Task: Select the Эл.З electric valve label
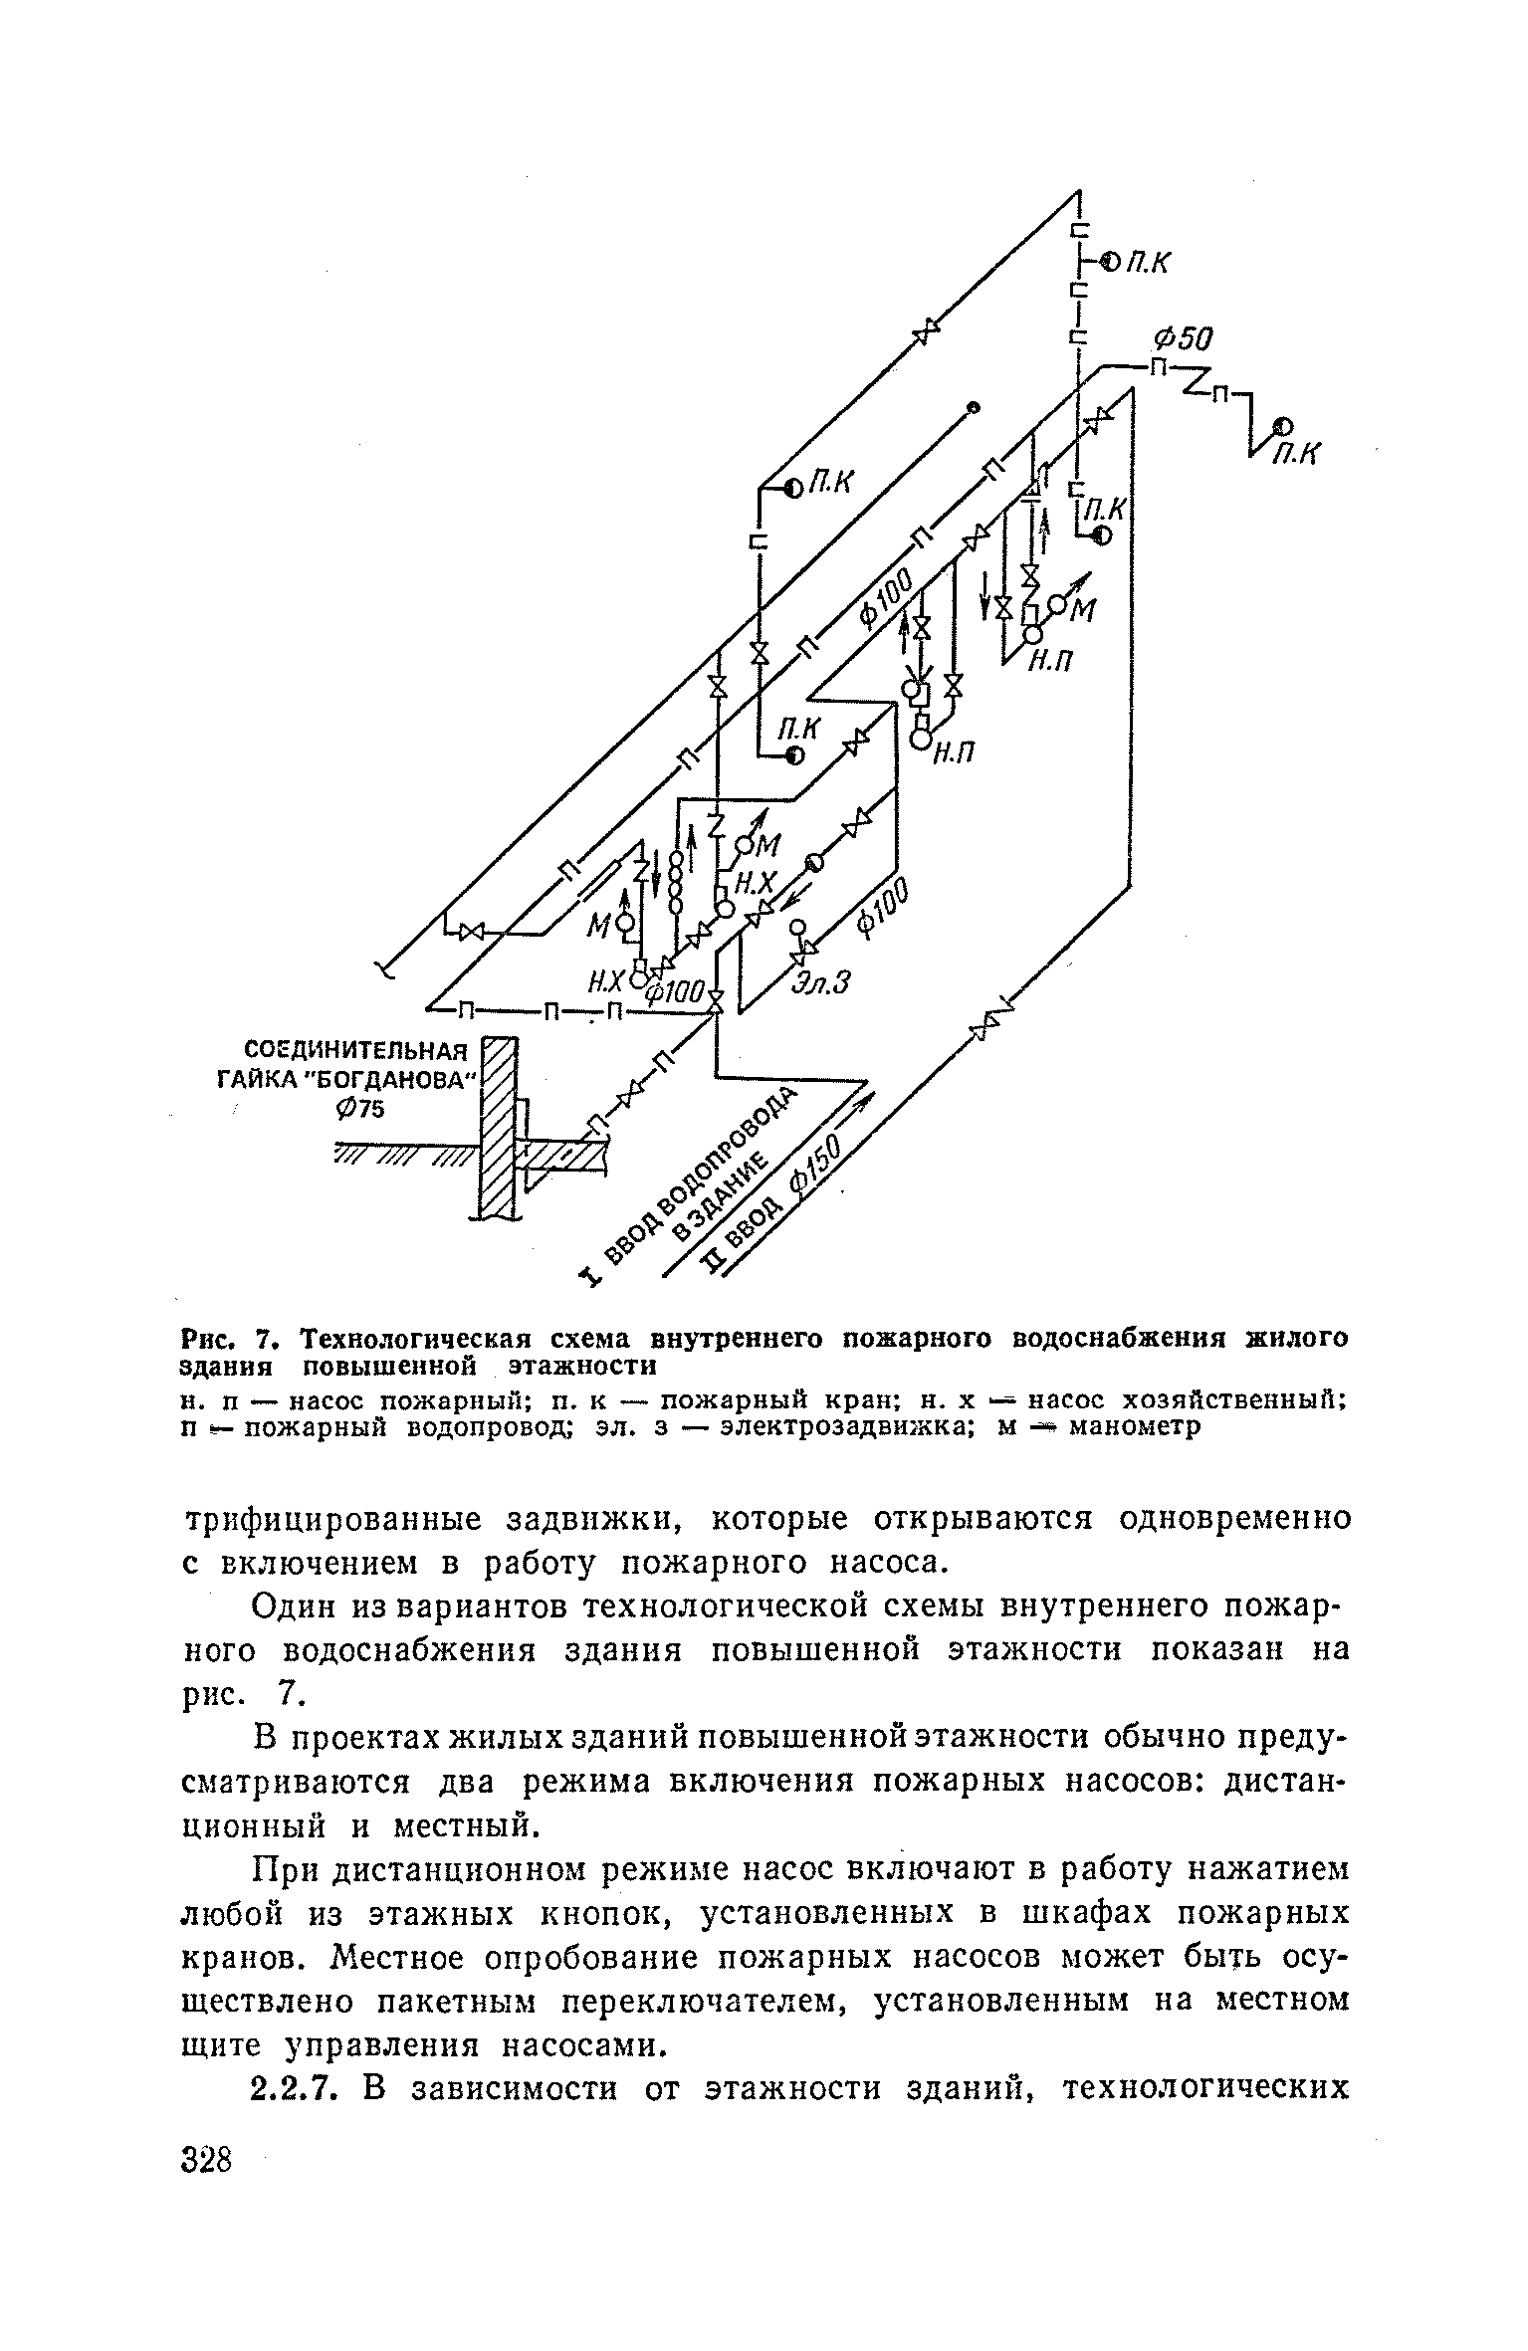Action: coord(823,983)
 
